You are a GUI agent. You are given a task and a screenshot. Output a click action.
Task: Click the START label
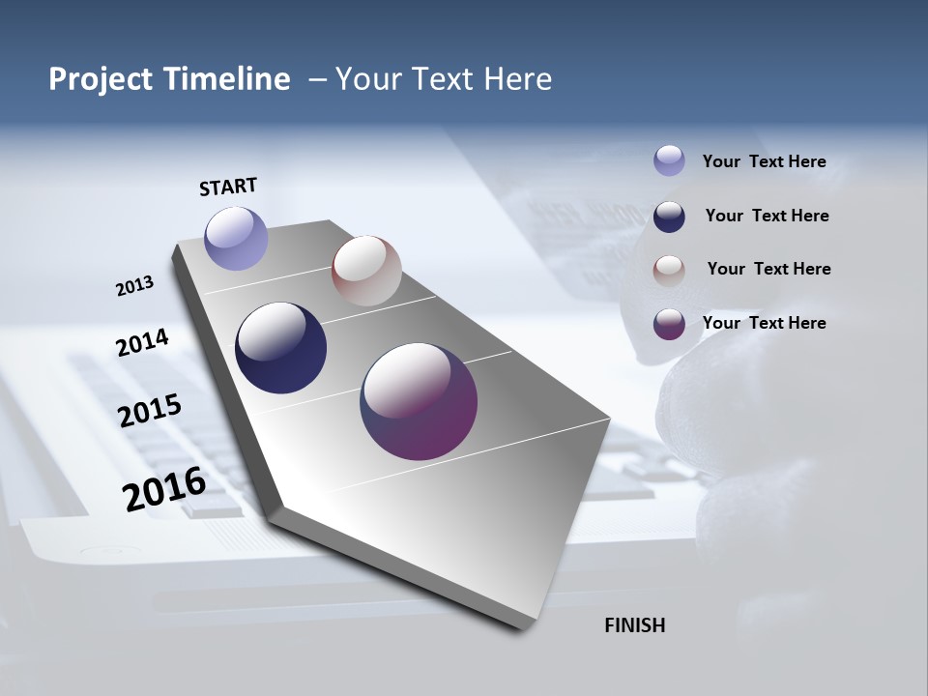click(x=228, y=187)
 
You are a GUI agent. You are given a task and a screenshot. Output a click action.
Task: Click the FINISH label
click(x=634, y=625)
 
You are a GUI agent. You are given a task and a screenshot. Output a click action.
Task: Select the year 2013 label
click(x=134, y=286)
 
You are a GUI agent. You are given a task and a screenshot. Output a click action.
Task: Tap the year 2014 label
click(x=142, y=342)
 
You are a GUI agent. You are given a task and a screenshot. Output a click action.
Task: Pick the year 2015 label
click(x=150, y=411)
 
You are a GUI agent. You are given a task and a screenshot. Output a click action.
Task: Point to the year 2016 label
click(x=164, y=488)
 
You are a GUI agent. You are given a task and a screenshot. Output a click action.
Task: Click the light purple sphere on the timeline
click(x=236, y=238)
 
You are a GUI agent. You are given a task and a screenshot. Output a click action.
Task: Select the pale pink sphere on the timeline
click(x=366, y=271)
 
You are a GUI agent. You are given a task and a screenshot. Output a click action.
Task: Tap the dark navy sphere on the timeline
click(x=280, y=348)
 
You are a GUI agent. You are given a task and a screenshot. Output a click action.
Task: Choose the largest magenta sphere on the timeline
click(x=419, y=401)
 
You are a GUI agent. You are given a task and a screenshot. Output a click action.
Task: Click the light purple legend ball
click(x=669, y=160)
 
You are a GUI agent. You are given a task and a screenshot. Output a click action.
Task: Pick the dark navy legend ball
click(x=669, y=217)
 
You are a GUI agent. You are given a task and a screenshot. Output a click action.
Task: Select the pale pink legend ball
click(x=669, y=271)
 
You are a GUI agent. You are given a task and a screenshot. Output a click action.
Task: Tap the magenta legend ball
click(x=669, y=324)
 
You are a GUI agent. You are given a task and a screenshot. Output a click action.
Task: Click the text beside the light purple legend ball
click(x=764, y=161)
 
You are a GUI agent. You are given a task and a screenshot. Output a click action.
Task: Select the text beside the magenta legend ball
click(x=764, y=323)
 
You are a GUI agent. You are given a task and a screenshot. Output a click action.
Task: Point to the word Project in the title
click(x=101, y=79)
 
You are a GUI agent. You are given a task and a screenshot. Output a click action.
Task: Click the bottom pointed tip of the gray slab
click(x=522, y=626)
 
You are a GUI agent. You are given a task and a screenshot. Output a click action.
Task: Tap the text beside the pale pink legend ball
click(x=768, y=269)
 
